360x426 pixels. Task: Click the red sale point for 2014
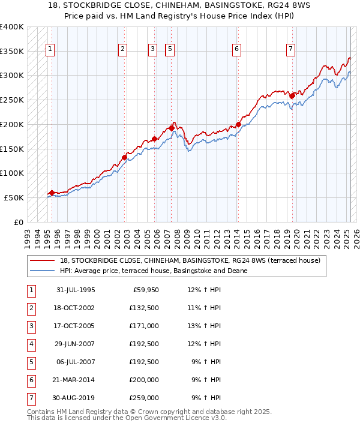238,125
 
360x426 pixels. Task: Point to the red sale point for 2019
292,95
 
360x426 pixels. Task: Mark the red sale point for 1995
52,193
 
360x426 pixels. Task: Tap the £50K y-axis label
14,197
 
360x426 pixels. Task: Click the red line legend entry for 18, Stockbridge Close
190,260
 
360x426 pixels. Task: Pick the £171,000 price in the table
145,326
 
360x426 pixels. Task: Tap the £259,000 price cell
145,398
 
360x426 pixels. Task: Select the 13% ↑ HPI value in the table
207,326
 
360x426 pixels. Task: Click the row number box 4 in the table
30,344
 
